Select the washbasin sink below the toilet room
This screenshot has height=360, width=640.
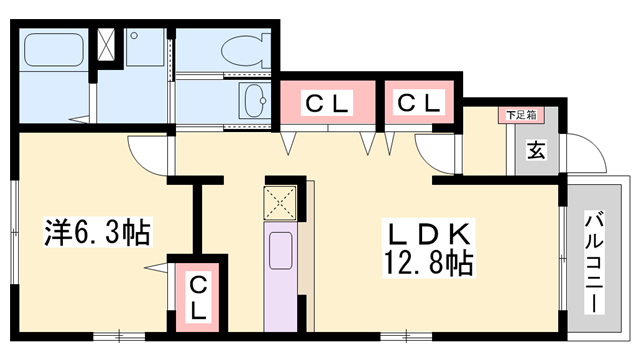[x=252, y=100]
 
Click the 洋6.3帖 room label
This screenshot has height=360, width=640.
[x=96, y=232]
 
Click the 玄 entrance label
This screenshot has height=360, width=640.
[x=535, y=151]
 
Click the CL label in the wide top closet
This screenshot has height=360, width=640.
[x=327, y=101]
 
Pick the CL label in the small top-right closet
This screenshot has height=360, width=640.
[x=419, y=101]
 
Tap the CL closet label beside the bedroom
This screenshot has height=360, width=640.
[x=198, y=295]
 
